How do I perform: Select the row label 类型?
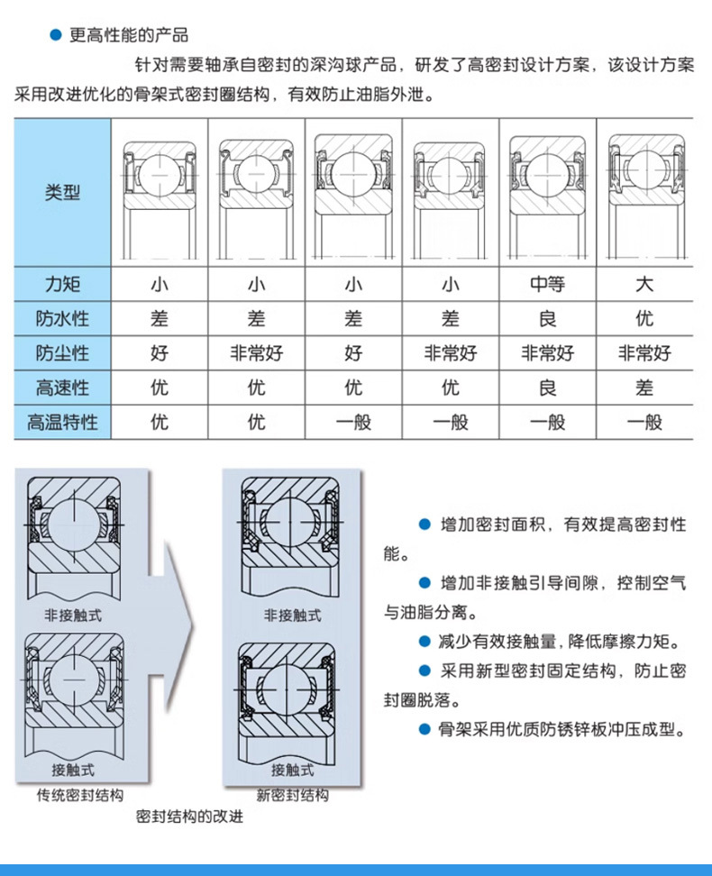62,192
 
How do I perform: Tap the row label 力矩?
62,285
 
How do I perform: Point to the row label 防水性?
62,319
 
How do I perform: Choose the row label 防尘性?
62,353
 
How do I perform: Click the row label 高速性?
62,388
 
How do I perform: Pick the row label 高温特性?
62,421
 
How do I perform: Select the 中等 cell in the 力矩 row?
547,285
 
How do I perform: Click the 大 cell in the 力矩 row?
644,285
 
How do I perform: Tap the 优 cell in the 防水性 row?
644,319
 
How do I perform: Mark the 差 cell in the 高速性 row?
644,388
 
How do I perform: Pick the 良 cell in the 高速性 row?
547,388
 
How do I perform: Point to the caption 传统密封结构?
80,795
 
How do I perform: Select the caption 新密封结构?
292,795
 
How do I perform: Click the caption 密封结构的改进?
190,817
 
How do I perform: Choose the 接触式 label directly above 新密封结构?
292,771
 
